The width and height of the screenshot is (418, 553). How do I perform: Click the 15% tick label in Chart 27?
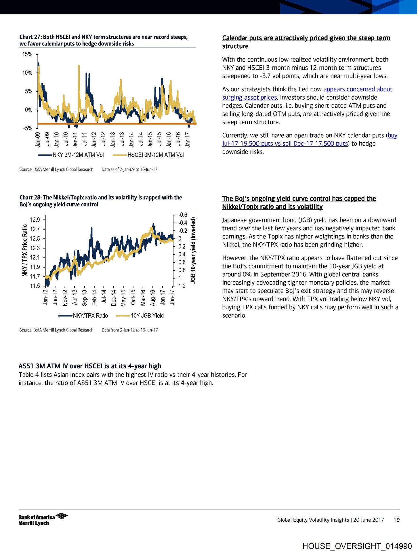(x=27, y=54)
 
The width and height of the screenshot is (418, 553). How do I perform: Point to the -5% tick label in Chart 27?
(x=28, y=128)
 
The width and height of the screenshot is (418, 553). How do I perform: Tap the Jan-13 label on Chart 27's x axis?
(x=112, y=140)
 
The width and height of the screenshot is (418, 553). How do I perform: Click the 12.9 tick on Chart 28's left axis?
(x=35, y=220)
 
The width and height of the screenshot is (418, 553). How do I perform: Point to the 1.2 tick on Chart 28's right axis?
(x=182, y=286)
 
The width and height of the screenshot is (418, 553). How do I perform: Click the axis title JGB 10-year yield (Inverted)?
(x=193, y=250)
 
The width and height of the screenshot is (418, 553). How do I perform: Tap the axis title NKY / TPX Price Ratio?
(x=25, y=250)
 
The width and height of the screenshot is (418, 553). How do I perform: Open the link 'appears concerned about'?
(x=358, y=89)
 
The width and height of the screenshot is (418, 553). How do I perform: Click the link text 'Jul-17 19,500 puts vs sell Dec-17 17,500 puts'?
(x=285, y=143)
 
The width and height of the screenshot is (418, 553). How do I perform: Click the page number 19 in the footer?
(x=396, y=520)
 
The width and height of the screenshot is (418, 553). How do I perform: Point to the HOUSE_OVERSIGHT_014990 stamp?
(x=357, y=546)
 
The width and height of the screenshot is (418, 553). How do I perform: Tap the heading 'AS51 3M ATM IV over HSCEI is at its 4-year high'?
(x=90, y=366)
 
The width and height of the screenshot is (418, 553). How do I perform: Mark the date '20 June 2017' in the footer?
(x=369, y=520)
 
